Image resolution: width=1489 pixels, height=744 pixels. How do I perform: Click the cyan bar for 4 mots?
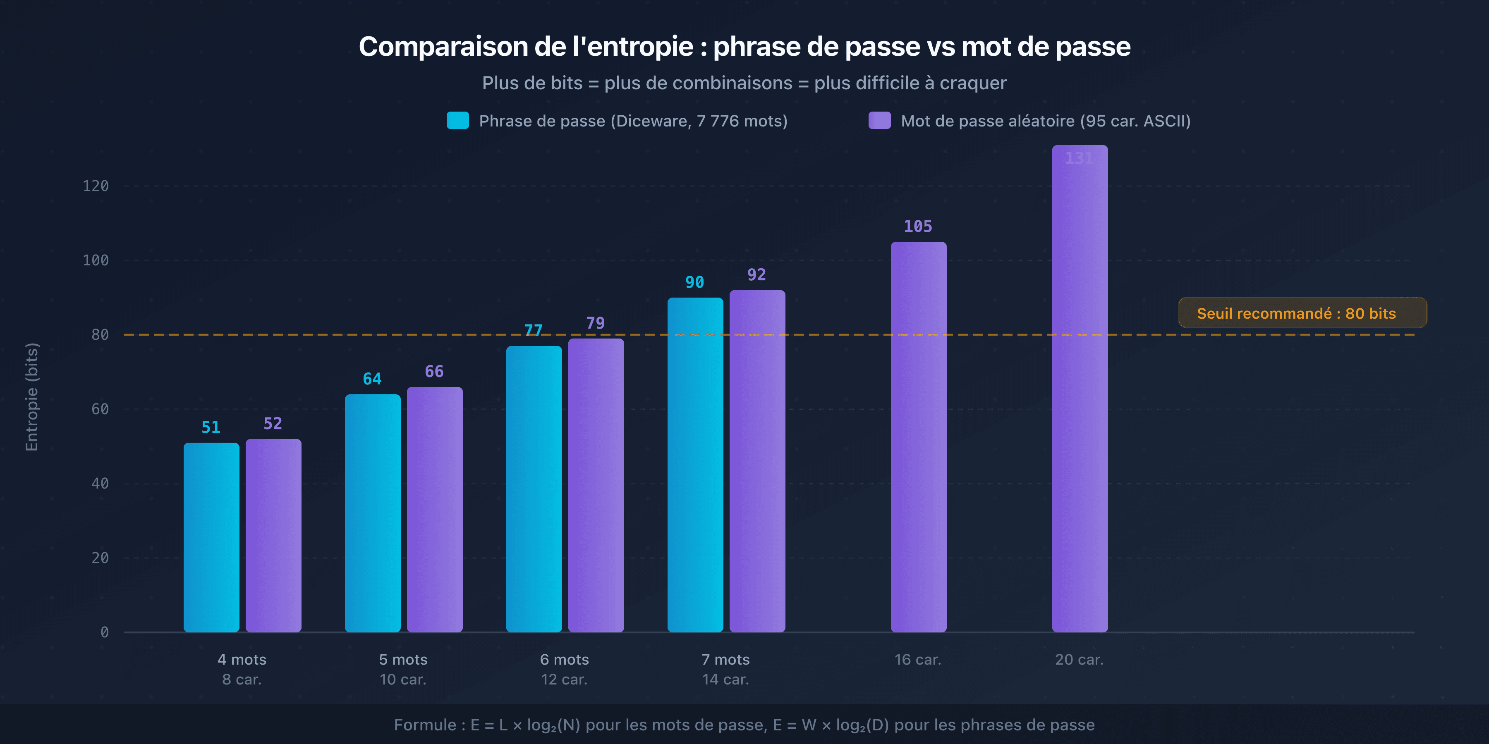pos(211,537)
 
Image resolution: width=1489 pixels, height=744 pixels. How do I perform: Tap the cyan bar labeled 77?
pos(534,489)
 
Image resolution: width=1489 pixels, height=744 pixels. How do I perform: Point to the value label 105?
pos(918,227)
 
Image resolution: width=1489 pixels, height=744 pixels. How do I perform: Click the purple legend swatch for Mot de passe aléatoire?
pos(879,121)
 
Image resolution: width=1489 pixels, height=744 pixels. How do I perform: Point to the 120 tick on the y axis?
pos(96,186)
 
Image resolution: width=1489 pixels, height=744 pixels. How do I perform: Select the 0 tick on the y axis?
pos(104,632)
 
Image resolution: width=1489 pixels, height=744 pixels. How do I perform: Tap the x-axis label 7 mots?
pos(725,660)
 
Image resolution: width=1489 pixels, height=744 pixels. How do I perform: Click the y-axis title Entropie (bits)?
pos(32,397)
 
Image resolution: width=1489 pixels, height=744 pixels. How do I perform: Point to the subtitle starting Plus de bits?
pos(744,83)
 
